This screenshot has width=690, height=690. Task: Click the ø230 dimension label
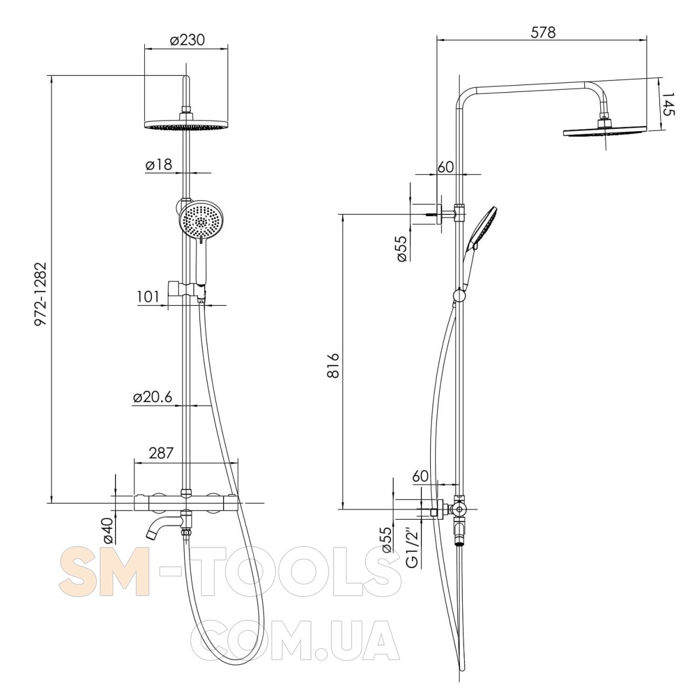point(187,40)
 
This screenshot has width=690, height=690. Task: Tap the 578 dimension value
point(543,32)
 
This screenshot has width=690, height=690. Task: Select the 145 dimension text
point(668,105)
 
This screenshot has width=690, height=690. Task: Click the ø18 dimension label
point(159,164)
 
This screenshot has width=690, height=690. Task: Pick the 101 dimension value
point(148,297)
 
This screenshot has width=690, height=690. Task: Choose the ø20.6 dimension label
point(152,397)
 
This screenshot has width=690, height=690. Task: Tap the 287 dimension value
point(161,453)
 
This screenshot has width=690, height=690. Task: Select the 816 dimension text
point(333,366)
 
